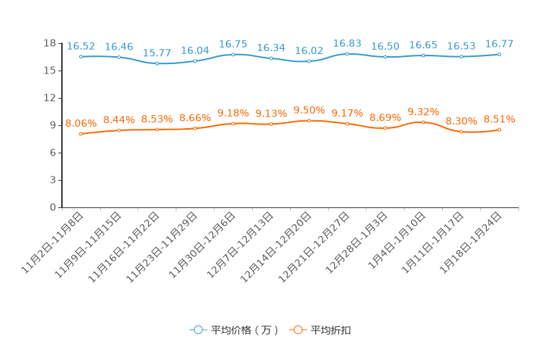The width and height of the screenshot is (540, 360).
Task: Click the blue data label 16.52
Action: point(81,46)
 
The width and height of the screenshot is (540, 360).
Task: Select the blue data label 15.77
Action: point(157,53)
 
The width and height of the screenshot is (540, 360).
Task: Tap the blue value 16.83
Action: point(347,43)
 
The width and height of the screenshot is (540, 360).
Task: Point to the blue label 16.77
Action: point(499,44)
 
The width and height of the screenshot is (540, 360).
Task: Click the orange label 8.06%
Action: point(81,123)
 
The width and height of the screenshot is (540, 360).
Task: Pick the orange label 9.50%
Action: point(309,110)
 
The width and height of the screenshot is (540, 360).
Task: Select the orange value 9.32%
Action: point(423,112)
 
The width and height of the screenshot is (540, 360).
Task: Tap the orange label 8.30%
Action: point(461,121)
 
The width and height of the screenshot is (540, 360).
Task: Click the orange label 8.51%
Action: point(499,119)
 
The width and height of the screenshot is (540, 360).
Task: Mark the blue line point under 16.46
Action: point(119,57)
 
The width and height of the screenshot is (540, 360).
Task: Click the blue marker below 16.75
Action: point(233,54)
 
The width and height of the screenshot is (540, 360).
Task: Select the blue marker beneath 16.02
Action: point(309,61)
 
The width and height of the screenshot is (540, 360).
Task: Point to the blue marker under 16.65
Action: point(423,55)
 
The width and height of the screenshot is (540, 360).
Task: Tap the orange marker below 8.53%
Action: point(157,130)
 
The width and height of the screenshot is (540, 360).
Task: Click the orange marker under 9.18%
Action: point(233,123)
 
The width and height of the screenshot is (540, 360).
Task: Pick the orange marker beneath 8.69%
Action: point(385,128)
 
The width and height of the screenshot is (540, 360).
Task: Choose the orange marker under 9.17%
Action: point(347,124)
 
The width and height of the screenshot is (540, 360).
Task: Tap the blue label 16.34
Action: point(271,48)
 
